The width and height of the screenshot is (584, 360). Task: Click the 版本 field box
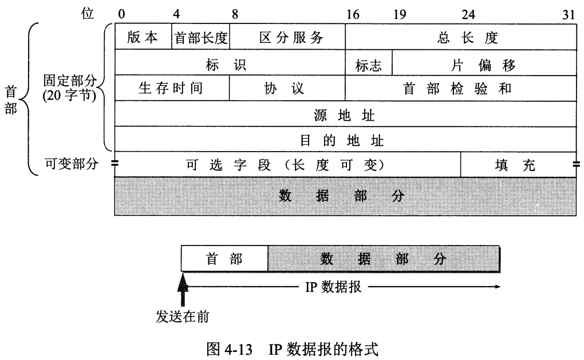click(143, 38)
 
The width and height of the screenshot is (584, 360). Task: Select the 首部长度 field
click(200, 38)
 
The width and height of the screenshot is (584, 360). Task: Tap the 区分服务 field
click(287, 38)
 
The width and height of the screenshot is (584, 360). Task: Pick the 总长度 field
click(460, 38)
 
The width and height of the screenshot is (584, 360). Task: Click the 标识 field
click(230, 63)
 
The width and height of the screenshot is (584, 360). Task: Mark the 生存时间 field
click(172, 88)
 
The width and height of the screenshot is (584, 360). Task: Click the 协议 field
click(287, 88)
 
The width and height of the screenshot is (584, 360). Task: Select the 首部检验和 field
click(460, 88)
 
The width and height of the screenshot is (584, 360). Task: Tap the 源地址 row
click(345, 114)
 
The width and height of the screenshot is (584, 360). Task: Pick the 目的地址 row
click(345, 139)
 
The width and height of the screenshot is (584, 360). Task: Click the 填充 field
click(518, 164)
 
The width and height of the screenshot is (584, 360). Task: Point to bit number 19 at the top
click(399, 14)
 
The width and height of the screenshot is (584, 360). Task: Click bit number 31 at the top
click(569, 14)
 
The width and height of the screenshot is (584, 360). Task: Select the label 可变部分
click(72, 164)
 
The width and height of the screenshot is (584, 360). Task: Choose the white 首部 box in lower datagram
click(224, 259)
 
